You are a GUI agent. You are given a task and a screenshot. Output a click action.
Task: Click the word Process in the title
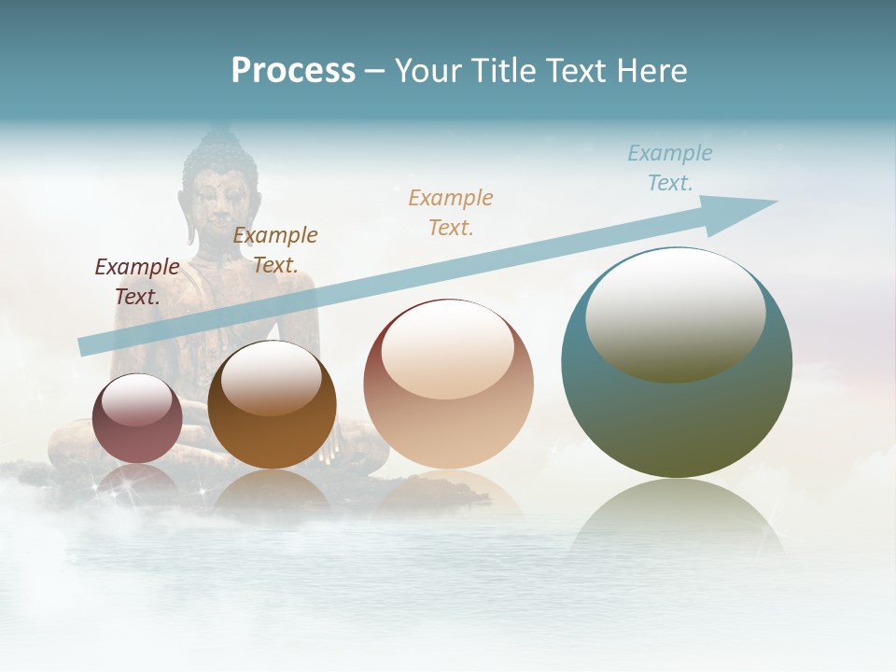(293, 71)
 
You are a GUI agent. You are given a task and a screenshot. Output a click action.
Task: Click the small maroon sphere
(137, 419)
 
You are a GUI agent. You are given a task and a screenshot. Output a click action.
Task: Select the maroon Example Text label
(136, 281)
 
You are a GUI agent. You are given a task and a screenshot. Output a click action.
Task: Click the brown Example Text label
(275, 249)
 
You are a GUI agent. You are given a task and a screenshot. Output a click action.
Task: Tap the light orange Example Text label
(451, 212)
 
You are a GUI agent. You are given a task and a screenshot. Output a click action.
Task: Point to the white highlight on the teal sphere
(675, 313)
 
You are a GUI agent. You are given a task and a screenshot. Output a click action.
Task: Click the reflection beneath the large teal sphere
(677, 523)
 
